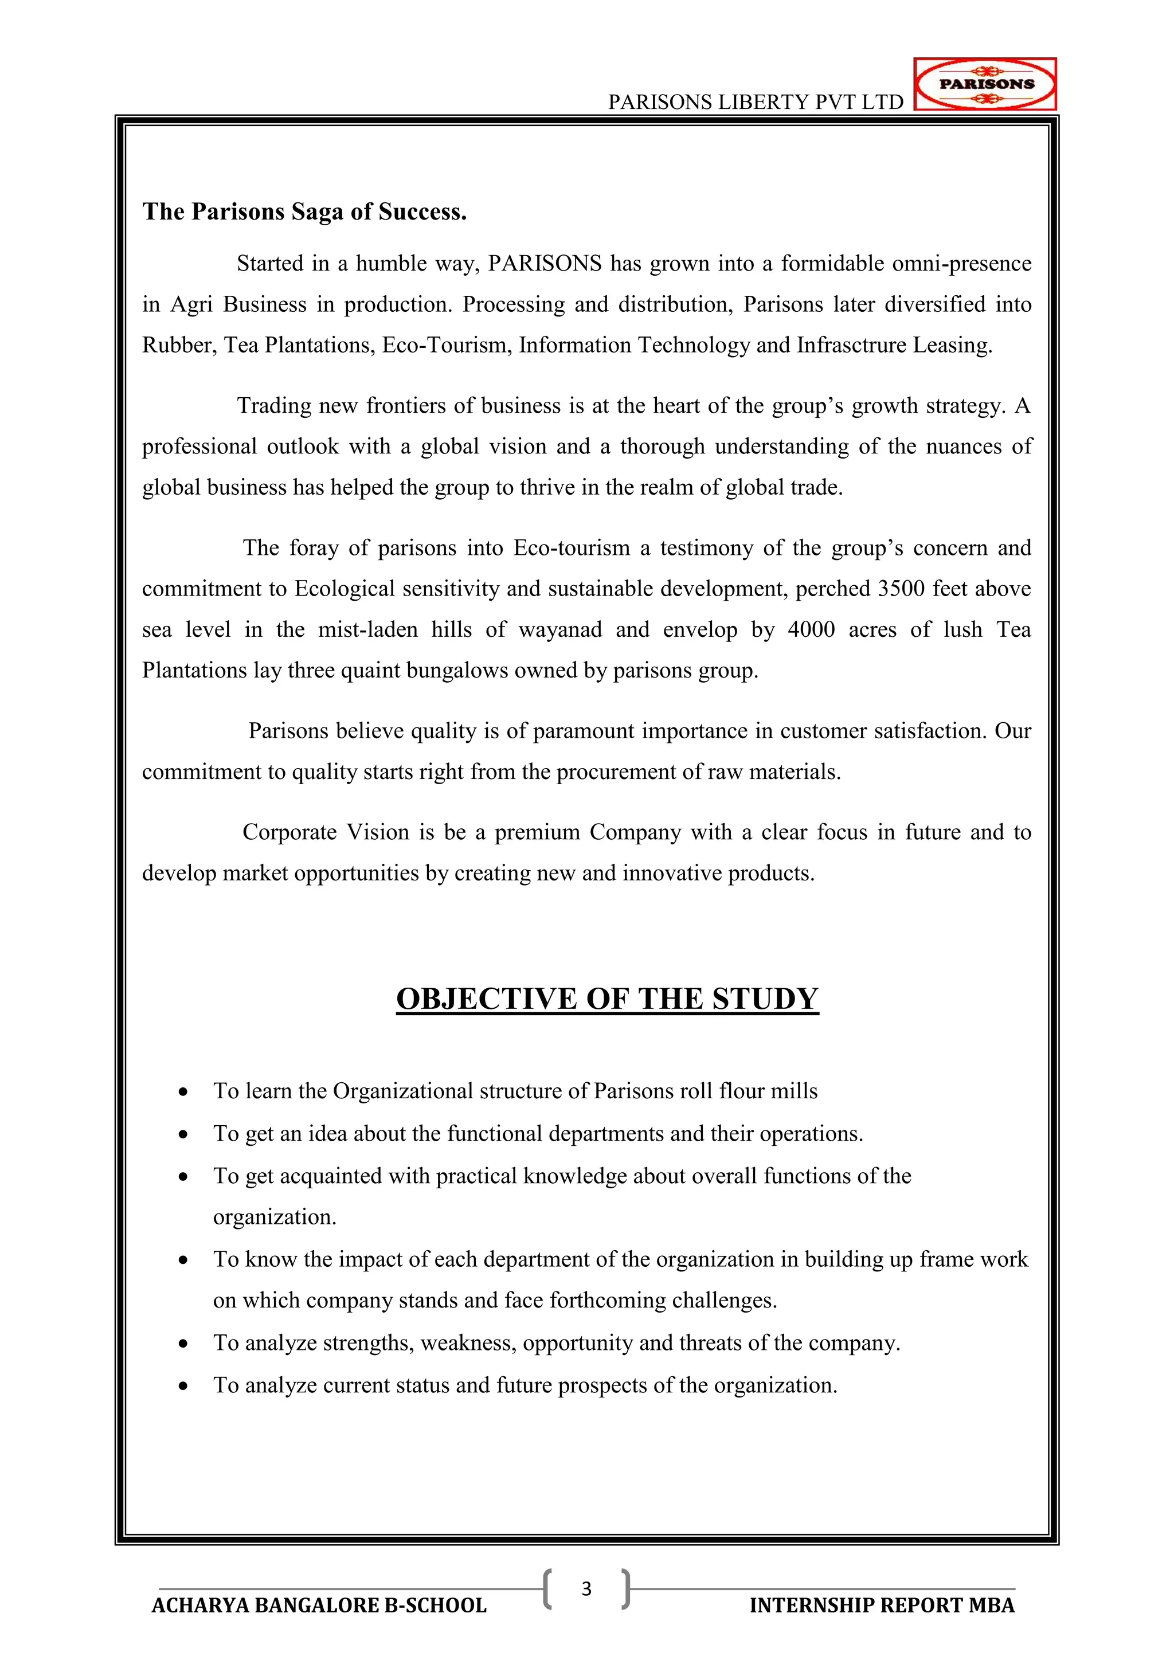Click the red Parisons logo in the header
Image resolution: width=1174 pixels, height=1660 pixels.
[x=985, y=84]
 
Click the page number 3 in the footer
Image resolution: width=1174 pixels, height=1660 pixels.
[x=586, y=1588]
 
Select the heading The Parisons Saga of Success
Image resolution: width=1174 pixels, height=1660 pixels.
[x=304, y=212]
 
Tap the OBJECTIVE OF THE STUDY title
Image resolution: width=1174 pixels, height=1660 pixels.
[x=607, y=999]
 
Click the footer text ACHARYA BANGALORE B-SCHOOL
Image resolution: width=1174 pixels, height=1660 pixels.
[x=319, y=1606]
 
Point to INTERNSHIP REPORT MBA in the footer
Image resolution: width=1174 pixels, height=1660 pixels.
[x=882, y=1606]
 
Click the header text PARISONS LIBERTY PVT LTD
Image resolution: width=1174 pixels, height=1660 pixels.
[x=756, y=102]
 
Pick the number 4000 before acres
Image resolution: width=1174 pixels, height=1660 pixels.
[x=811, y=630]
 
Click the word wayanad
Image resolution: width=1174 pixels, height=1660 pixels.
[x=560, y=630]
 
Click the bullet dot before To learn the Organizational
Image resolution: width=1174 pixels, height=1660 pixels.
[x=183, y=1092]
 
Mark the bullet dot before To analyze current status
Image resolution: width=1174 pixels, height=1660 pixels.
[x=183, y=1386]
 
